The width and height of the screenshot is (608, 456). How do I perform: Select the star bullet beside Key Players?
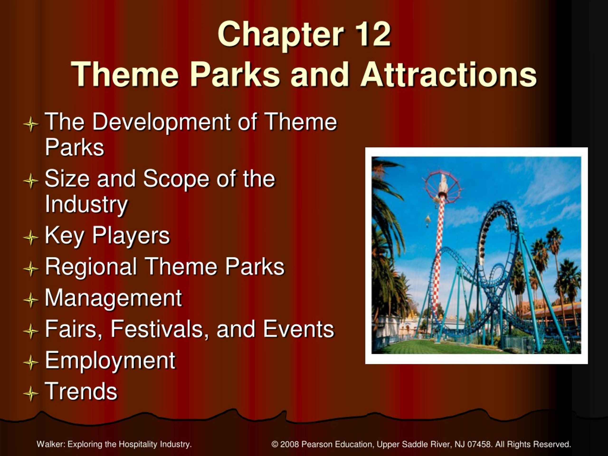[31, 237]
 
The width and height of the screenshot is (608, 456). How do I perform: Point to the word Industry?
[86, 205]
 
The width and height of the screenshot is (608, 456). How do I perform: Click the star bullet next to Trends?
[31, 394]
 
